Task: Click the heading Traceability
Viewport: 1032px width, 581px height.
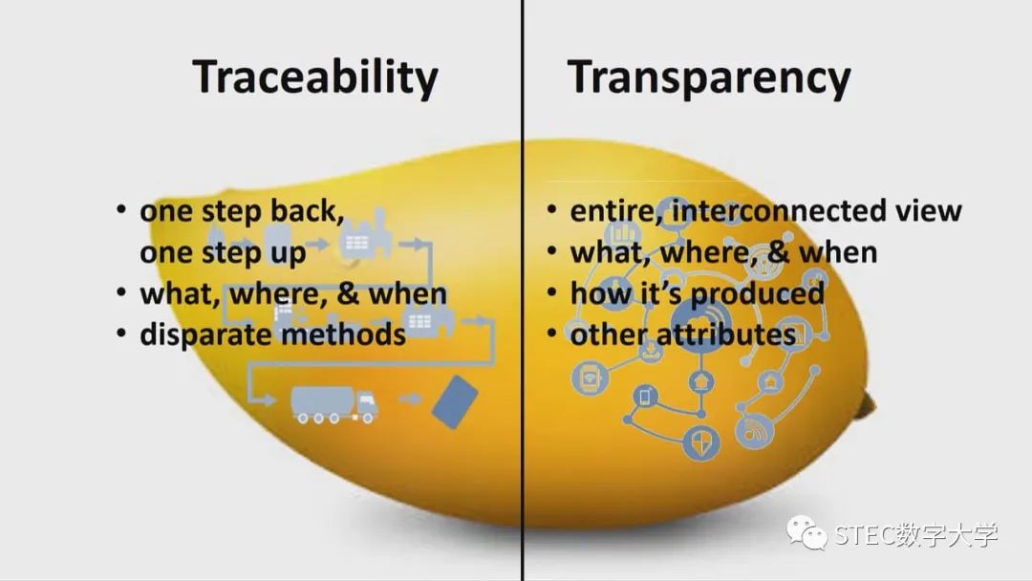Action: tap(315, 77)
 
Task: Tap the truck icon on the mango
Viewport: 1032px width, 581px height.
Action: tap(334, 403)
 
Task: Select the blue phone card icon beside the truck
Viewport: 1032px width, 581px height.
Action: tap(454, 401)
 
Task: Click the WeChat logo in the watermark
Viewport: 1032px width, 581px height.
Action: tap(806, 531)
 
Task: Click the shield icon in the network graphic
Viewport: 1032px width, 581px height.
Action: tap(701, 442)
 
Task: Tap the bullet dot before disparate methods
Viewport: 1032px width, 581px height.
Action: tap(121, 333)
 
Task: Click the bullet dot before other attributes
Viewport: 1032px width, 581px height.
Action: tap(552, 333)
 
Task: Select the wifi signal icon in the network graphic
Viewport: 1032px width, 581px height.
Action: tap(753, 431)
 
